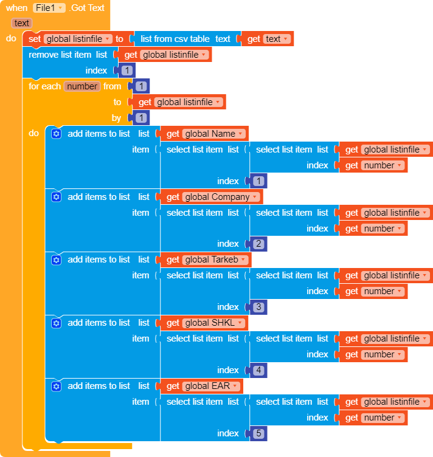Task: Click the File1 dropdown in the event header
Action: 49,8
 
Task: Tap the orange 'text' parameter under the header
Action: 22,23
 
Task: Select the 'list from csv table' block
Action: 175,39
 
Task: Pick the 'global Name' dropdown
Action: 214,134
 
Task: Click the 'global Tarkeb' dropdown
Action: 215,259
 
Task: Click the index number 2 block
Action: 258,244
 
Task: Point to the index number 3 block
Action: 258,307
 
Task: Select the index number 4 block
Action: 258,370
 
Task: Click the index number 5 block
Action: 258,433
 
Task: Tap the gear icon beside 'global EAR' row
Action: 57,386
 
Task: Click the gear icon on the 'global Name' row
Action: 57,134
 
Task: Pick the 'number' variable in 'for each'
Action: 82,86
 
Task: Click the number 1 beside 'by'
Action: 141,118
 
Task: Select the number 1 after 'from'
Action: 141,86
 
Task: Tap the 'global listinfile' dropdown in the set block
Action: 78,39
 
